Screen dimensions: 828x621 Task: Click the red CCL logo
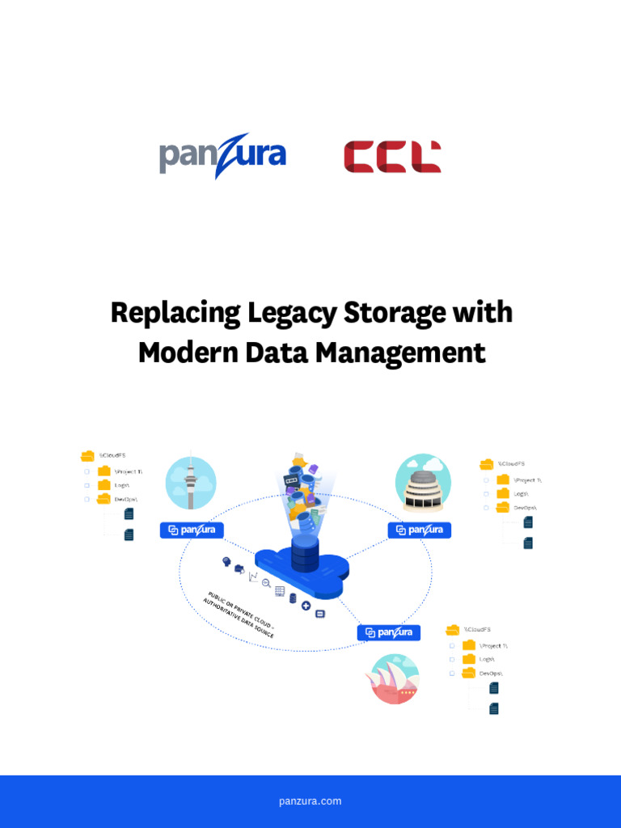coord(392,156)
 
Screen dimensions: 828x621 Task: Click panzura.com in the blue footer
coord(310,801)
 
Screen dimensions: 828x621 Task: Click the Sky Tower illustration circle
coord(191,483)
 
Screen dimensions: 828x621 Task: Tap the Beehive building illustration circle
coord(423,483)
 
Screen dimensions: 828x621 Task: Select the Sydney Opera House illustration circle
coord(392,678)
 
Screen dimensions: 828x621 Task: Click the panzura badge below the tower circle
coord(192,530)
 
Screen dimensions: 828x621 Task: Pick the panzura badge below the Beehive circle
coord(420,530)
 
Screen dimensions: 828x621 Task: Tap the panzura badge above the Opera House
coord(389,632)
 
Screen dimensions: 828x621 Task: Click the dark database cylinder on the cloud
coord(305,554)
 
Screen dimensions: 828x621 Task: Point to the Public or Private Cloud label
coord(239,615)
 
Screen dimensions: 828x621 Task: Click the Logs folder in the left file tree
coord(104,485)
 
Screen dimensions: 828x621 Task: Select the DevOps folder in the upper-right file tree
coord(503,507)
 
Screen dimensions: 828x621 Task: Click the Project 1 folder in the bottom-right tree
coord(469,645)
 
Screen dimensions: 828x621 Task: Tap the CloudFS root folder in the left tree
coord(88,456)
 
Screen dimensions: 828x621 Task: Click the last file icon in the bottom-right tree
coord(494,708)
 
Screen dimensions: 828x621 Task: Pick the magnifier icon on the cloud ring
coord(265,583)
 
